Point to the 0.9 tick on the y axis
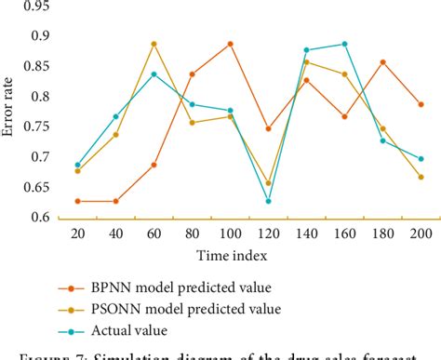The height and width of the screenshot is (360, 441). coord(38,35)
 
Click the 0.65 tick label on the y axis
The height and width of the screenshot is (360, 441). coord(34,187)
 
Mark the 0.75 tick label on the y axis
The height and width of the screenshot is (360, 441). coord(34,127)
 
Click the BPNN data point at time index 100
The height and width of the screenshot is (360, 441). coord(230,44)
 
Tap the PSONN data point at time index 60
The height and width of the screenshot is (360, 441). coord(154,44)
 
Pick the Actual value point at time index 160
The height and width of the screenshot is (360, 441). coord(345,44)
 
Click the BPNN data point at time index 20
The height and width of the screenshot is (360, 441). coord(78,201)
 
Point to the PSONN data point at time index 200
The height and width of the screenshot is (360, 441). coord(421,177)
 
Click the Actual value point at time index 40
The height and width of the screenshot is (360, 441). coord(116,116)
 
